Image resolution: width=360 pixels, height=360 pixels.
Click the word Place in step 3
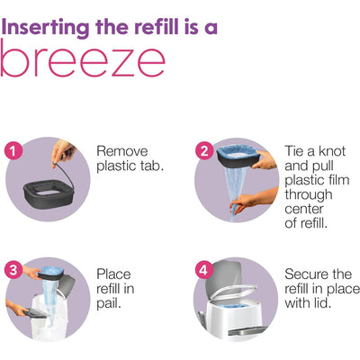point(113,274)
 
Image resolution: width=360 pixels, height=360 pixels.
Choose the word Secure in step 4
point(306,274)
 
